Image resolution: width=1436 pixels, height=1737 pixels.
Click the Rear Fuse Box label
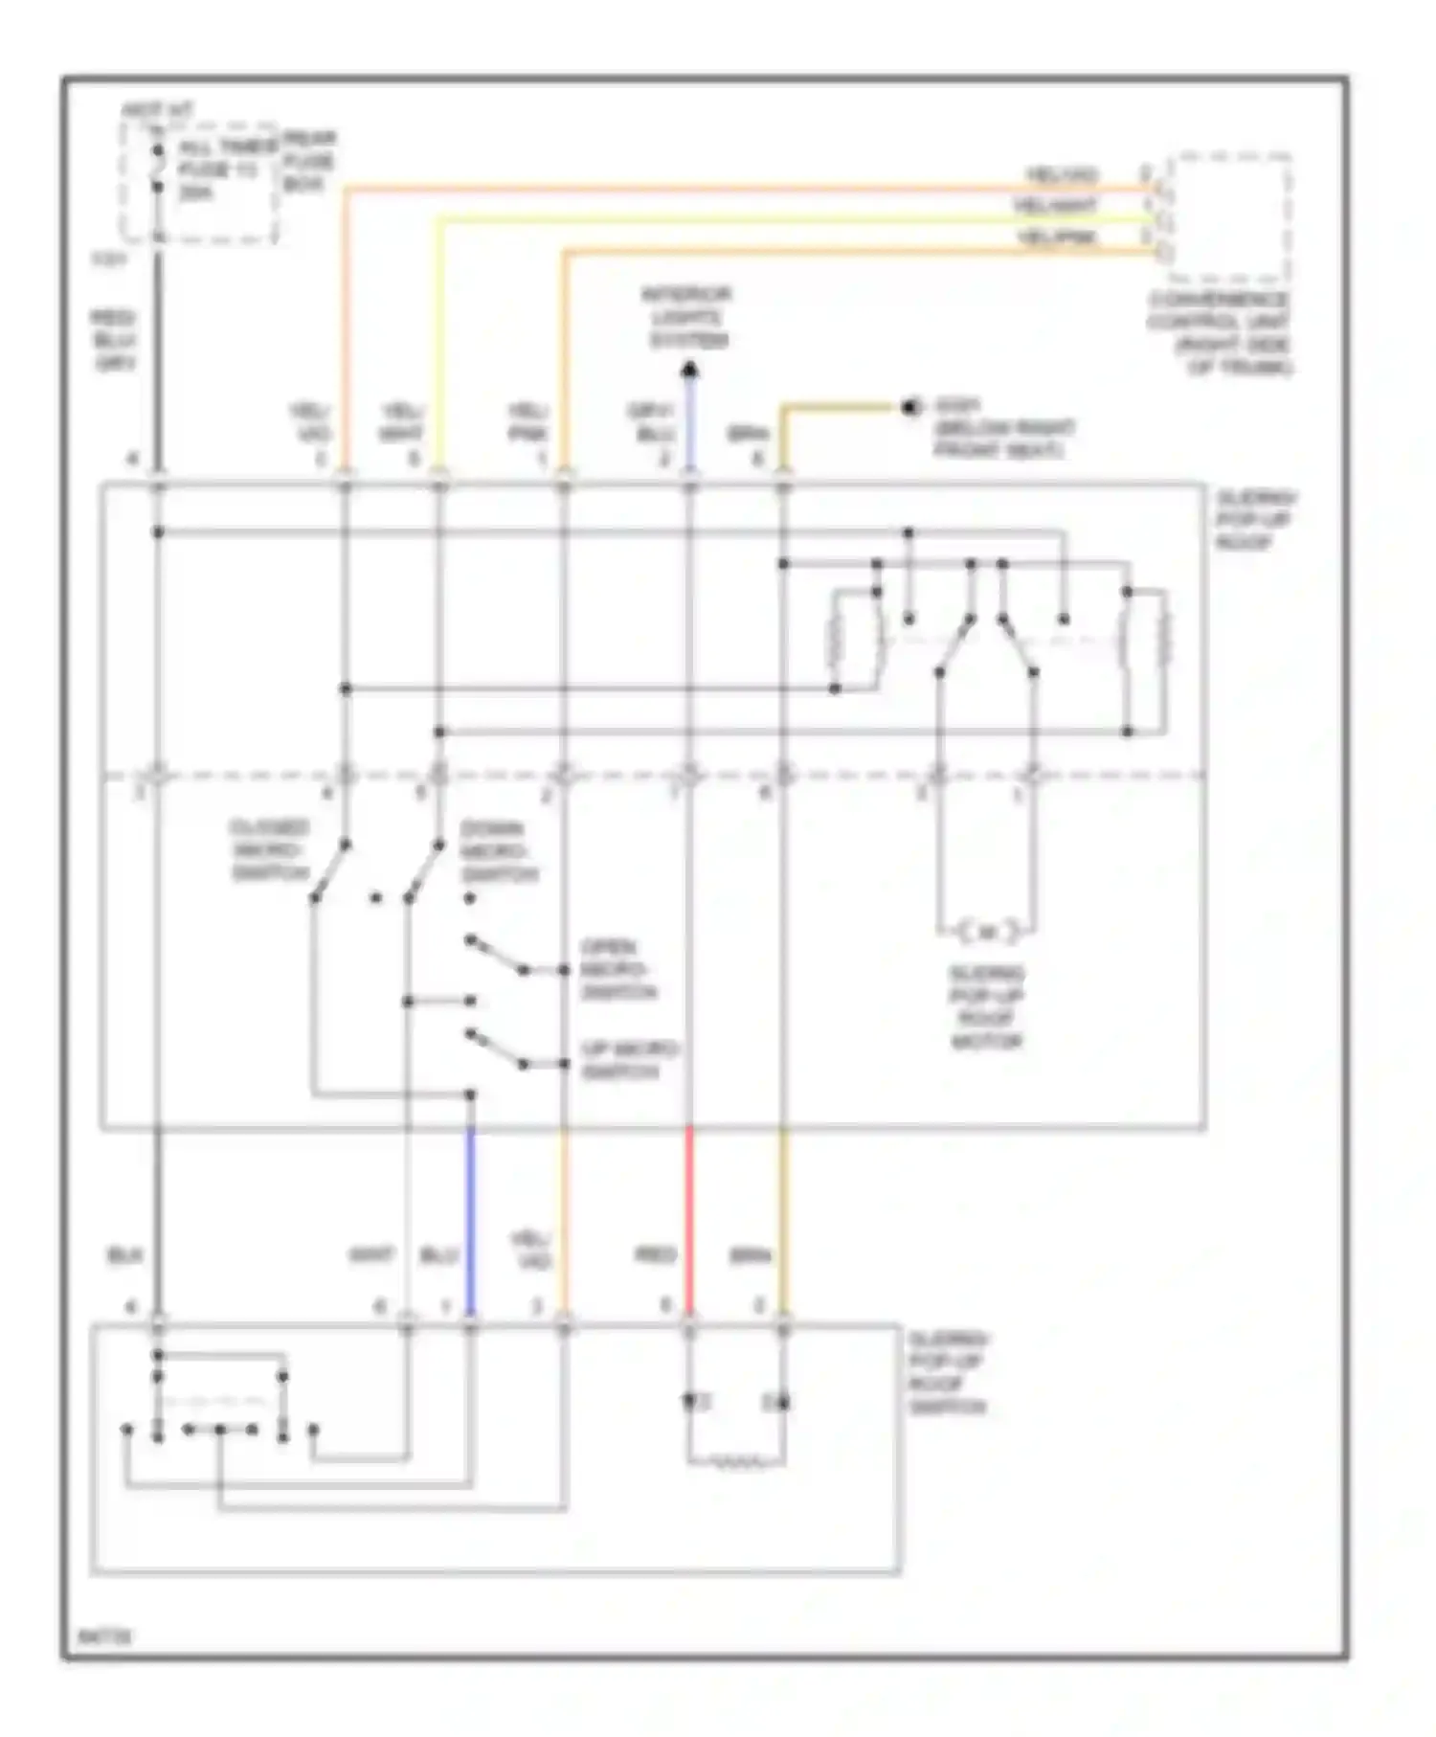[308, 161]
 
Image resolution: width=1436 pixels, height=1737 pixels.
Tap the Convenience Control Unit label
[1219, 333]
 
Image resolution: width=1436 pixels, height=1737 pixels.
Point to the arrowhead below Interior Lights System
[689, 370]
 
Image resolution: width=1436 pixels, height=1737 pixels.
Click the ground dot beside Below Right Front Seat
[909, 408]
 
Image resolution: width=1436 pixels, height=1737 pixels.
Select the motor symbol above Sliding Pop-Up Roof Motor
[986, 930]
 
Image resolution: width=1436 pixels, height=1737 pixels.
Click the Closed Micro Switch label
[269, 850]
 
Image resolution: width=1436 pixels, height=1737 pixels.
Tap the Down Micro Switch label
[499, 852]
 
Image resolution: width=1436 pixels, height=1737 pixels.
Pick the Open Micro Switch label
[617, 969]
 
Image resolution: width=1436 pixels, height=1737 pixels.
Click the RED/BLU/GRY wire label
[113, 340]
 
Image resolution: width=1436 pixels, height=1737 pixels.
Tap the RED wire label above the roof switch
[656, 1254]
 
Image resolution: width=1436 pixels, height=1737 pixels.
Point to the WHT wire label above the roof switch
[370, 1254]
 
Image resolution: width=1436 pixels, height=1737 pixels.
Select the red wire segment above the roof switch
[689, 1216]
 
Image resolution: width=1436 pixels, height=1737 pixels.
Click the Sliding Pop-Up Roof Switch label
[947, 1373]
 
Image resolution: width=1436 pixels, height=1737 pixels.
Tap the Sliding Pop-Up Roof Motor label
[986, 1007]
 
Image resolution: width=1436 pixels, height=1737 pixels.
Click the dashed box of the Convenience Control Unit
[1230, 215]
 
